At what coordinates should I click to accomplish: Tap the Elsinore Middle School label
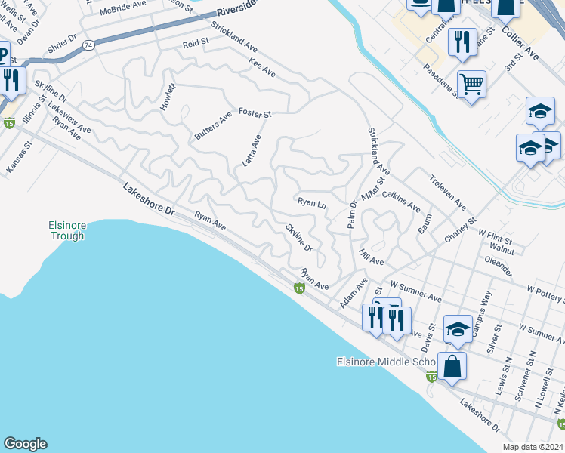click(383, 362)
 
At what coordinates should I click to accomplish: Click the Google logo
click(25, 444)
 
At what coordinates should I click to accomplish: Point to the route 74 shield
click(88, 46)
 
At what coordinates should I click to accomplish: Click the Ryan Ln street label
click(311, 203)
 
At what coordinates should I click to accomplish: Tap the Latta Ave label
click(256, 146)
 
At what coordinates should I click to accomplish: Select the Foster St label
click(255, 113)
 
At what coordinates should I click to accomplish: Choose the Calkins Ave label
click(402, 201)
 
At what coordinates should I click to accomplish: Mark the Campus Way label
click(482, 313)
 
